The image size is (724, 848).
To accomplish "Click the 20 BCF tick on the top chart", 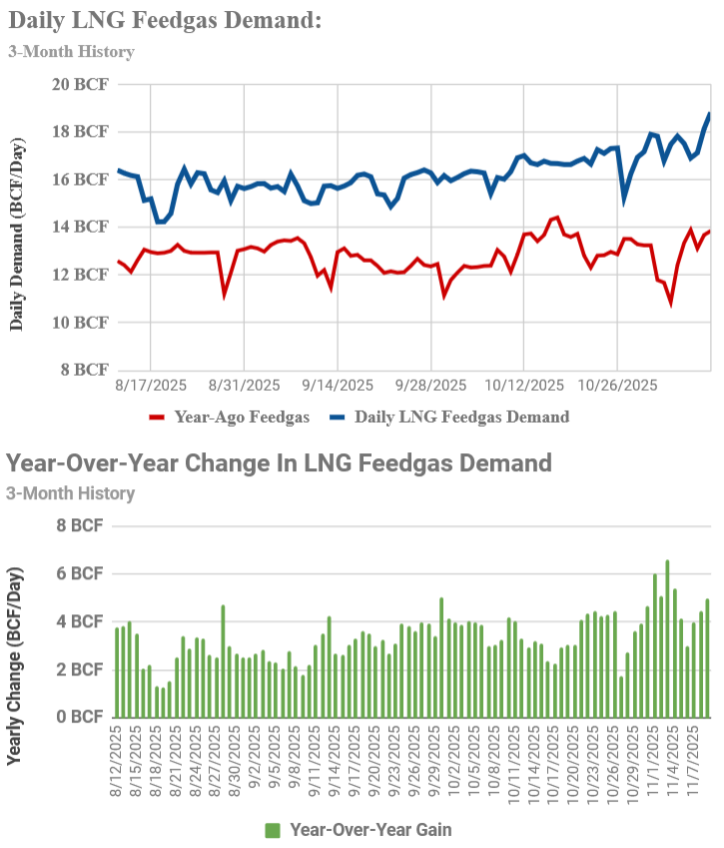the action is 80,84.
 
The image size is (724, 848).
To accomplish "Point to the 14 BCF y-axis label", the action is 80,227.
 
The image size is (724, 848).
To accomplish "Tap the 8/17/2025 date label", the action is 151,386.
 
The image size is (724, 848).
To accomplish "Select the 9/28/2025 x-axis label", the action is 431,386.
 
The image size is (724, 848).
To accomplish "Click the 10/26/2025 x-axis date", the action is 617,386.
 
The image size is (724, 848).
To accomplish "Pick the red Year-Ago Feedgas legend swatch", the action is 156,417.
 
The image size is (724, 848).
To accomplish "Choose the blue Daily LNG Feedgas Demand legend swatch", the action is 338,417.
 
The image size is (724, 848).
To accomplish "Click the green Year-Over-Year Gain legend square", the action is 273,831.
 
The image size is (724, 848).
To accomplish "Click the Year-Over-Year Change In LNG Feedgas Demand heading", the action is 279,463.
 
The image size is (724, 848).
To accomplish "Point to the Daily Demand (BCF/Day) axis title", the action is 17,235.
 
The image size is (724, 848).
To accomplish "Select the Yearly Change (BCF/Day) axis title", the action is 15,666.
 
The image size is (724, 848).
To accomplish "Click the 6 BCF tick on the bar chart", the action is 80,573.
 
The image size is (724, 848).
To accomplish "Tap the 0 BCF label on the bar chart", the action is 80,717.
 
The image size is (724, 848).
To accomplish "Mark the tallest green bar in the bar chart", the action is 667,638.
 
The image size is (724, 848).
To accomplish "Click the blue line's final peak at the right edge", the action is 709,114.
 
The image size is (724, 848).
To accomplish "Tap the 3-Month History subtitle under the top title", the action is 71,52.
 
